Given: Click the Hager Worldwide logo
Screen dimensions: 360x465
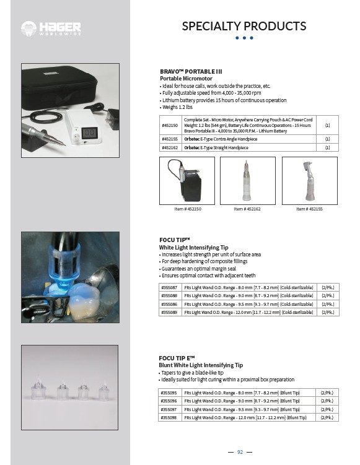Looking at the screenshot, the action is coord(51,28).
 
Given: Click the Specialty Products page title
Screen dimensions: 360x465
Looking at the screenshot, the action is coord(244,26).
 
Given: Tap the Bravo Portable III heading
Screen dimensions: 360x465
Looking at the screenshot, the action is coord(191,71).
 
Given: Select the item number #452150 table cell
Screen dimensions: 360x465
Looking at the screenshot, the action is coord(170,125).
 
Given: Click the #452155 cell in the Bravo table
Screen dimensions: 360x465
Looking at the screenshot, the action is coord(170,139).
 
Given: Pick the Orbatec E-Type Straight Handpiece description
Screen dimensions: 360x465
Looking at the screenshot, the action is coord(216,147).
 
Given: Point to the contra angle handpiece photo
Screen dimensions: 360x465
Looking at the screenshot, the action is coord(310,181).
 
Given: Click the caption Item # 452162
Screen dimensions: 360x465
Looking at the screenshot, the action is coord(247,209).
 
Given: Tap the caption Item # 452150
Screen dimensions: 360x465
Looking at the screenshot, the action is coord(188,209).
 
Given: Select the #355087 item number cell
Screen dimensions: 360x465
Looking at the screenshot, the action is coord(170,287).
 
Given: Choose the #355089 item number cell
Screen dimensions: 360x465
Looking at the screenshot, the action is coord(170,312).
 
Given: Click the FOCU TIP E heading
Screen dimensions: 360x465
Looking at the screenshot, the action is coord(177,358).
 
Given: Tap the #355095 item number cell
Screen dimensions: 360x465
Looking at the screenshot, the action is coord(169,393).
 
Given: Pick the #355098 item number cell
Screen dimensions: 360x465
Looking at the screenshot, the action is coord(169,417).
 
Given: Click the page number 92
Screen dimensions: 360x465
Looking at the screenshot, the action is coord(240,452).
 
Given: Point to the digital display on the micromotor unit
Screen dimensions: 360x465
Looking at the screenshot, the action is coord(90,133).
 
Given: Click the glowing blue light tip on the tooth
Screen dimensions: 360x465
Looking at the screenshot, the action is coord(63,282).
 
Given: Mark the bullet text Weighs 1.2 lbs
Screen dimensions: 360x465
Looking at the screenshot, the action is coord(177,107).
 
